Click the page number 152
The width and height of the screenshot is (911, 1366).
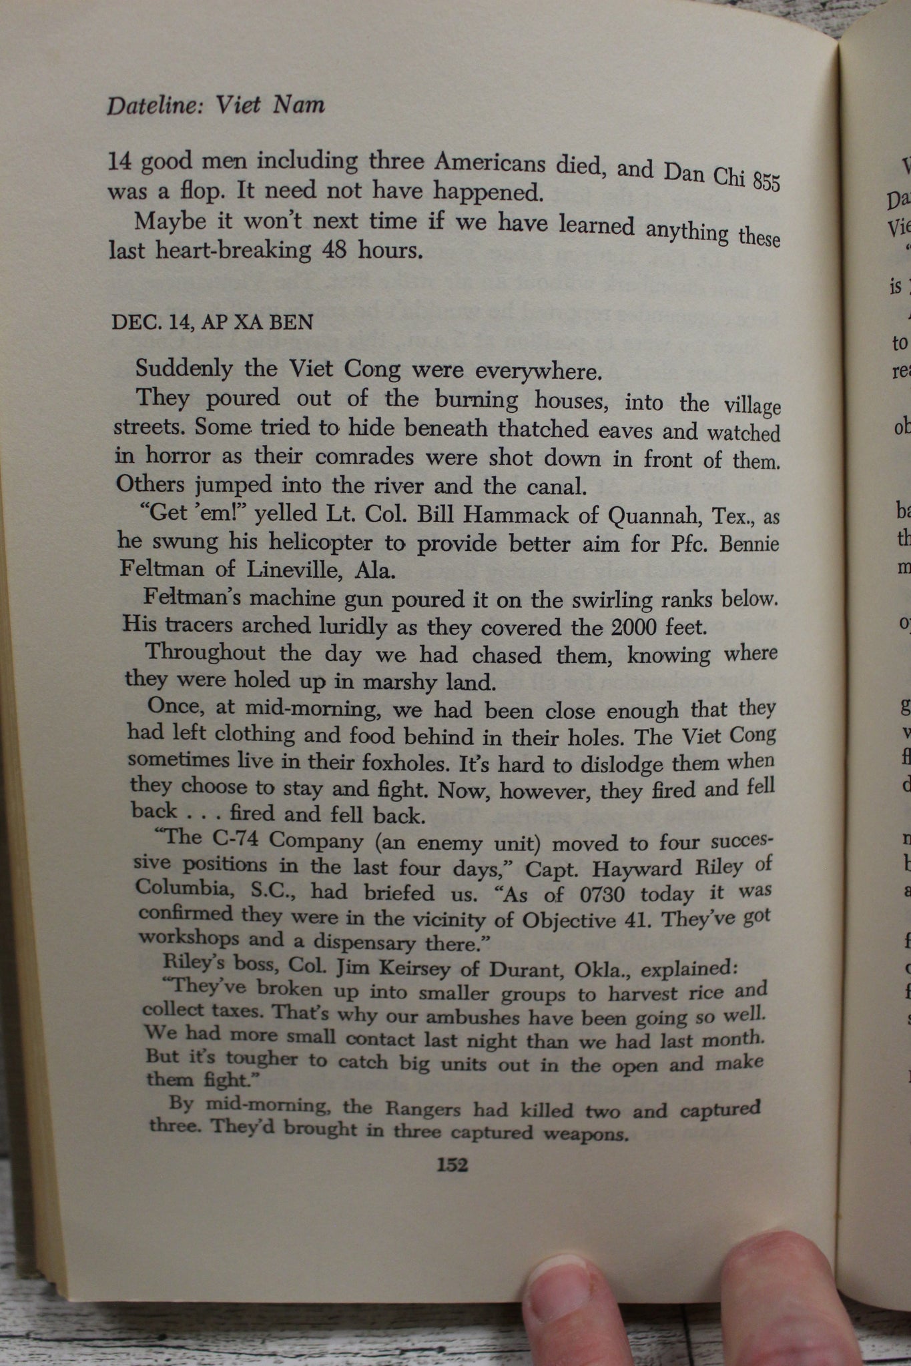click(452, 1165)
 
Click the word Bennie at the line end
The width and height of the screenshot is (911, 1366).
click(749, 544)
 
